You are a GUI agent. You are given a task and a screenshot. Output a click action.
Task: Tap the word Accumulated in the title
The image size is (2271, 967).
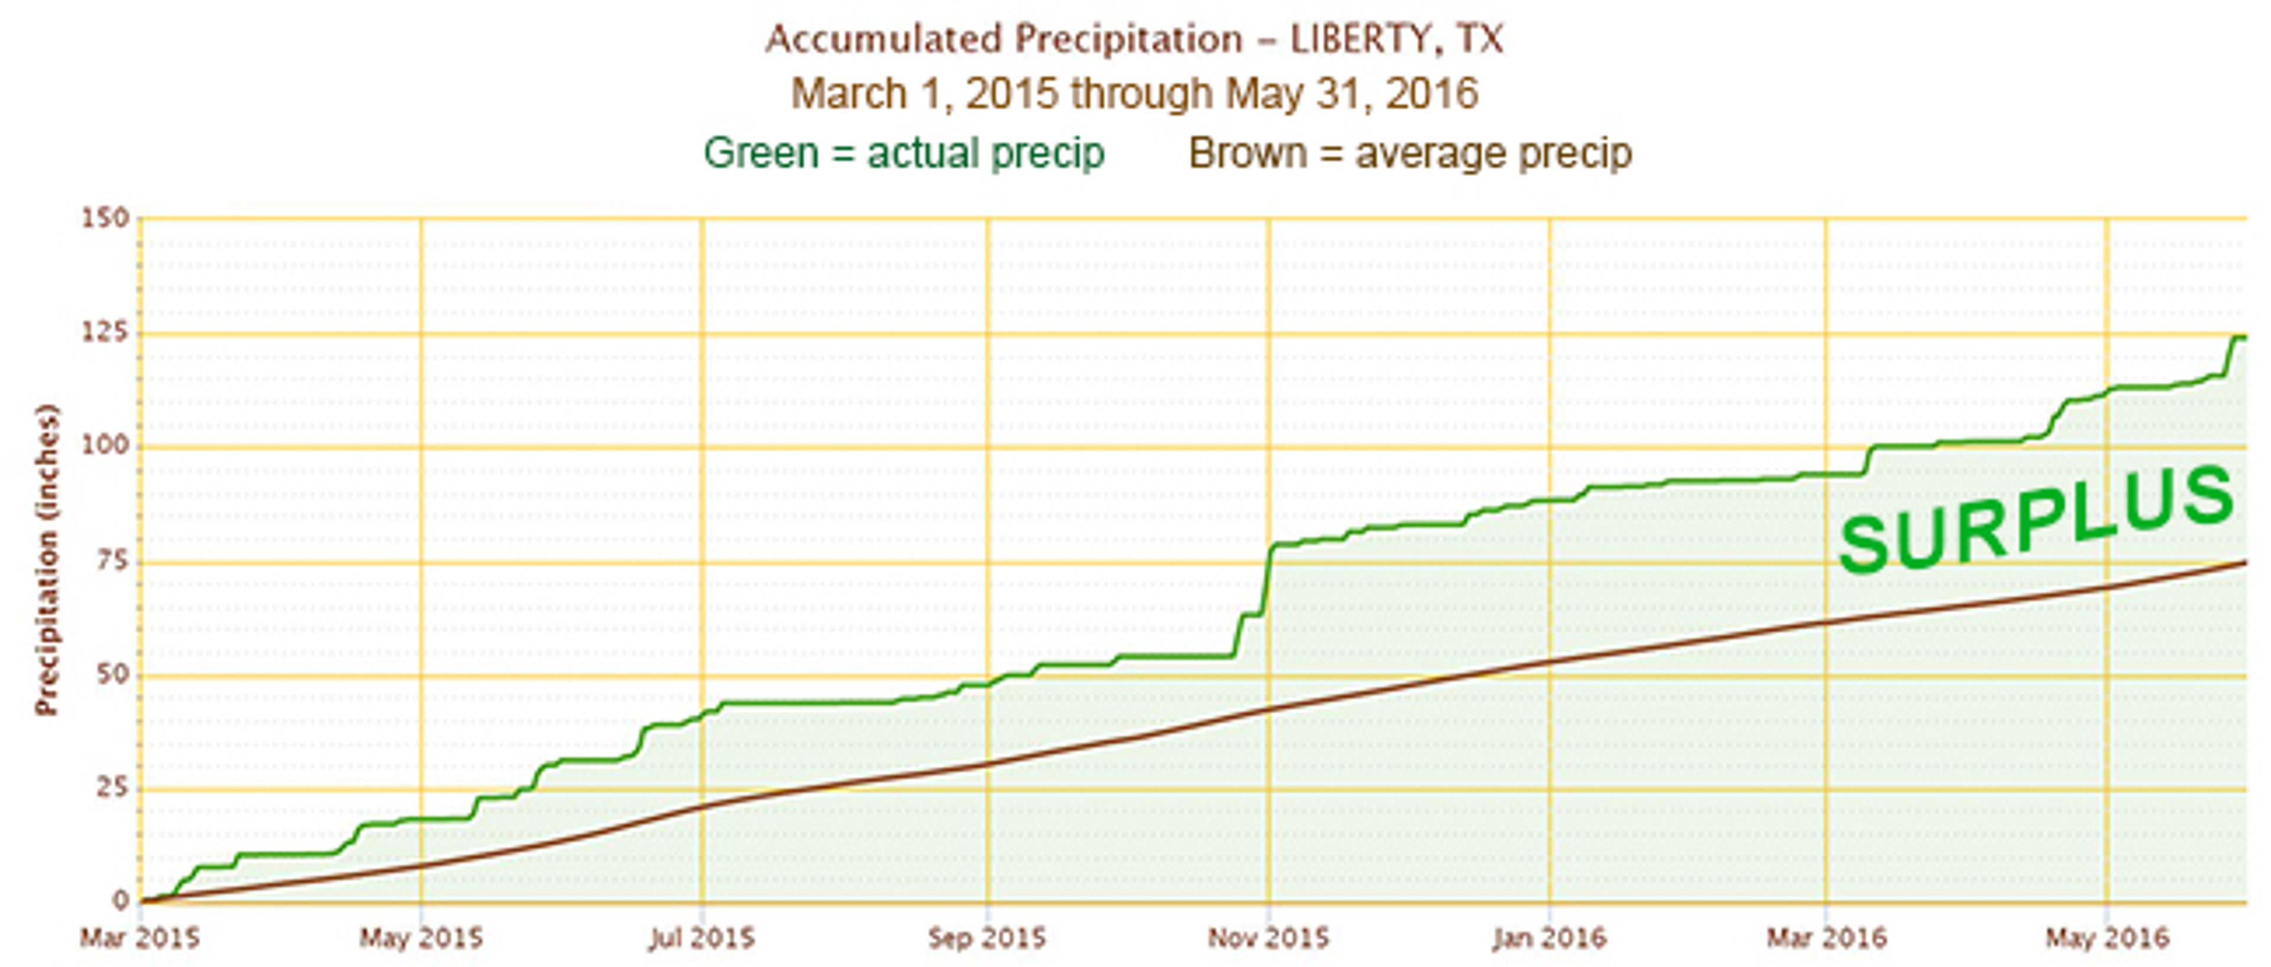click(x=884, y=40)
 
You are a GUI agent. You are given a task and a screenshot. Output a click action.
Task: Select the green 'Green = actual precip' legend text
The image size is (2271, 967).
click(x=904, y=153)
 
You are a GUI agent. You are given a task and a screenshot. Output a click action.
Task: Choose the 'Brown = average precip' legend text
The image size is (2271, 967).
click(x=1410, y=153)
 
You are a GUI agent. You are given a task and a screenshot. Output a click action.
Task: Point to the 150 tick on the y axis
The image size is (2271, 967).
click(x=106, y=218)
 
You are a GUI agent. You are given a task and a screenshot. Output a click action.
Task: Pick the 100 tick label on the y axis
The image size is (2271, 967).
click(x=106, y=445)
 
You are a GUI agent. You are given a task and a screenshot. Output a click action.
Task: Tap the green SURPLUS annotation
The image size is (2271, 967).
click(x=2036, y=520)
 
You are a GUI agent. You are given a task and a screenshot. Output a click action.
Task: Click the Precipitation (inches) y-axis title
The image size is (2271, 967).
click(x=46, y=560)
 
